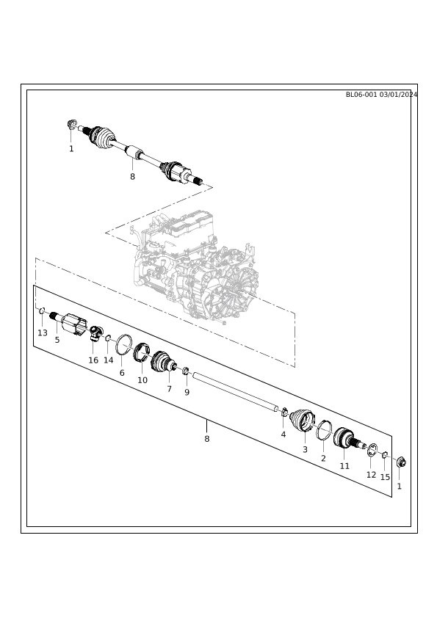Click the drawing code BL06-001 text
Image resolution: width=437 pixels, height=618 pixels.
361,95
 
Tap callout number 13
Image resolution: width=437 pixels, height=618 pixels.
43,333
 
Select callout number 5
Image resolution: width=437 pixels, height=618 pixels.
57,340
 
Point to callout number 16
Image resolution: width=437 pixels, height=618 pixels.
93,360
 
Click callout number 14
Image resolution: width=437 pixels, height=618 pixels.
109,360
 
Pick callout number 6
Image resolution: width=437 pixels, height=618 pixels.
122,372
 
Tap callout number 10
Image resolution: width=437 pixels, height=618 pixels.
142,380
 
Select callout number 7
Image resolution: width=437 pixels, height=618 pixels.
169,389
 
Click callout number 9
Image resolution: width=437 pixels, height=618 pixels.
187,392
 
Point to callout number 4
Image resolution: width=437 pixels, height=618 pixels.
283,435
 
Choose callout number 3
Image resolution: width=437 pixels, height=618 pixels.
305,449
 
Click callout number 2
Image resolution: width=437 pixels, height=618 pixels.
323,459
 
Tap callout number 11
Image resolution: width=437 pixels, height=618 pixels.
344,466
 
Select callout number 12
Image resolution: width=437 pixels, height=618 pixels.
371,475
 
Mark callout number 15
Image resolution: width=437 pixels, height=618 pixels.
385,477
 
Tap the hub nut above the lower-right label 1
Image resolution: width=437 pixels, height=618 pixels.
401,462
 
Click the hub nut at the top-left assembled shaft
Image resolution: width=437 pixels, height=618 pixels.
71,125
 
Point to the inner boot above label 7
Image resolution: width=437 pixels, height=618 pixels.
162,361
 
